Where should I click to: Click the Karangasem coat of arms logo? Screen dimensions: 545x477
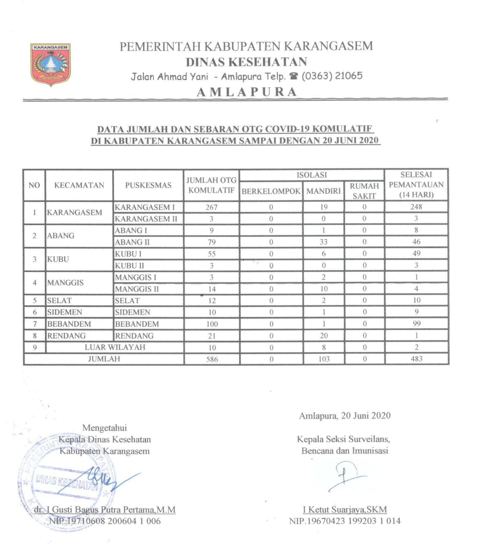[x=50, y=64]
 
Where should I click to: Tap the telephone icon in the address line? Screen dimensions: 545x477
[x=294, y=76]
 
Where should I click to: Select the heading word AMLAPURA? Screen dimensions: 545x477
[x=247, y=92]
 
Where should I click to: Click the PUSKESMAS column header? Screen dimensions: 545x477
[x=148, y=185]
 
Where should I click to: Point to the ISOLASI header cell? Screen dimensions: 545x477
[x=312, y=175]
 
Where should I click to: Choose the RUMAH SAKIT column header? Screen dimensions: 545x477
[x=364, y=191]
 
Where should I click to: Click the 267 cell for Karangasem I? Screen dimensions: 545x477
[x=211, y=207]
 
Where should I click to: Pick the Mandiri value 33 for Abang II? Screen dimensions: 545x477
[x=323, y=242]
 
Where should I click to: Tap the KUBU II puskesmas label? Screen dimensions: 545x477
[x=129, y=266]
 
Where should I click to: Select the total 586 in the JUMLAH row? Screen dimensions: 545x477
[x=212, y=359]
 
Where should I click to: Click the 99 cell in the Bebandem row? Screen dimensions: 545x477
[x=416, y=324]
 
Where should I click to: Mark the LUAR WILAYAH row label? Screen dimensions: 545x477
[x=115, y=347]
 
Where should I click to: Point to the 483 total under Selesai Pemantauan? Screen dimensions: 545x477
[x=416, y=359]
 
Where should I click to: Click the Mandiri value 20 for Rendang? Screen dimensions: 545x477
[x=324, y=336]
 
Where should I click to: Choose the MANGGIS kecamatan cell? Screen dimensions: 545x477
[x=65, y=282]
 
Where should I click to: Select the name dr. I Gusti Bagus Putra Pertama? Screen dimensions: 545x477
[x=104, y=510]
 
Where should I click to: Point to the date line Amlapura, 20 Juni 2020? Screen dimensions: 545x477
[x=345, y=416]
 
